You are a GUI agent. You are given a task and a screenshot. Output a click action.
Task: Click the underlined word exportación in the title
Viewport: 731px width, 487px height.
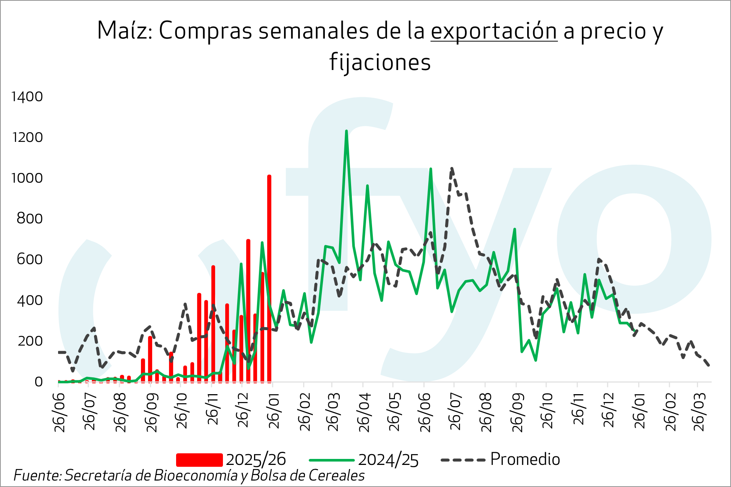(494, 31)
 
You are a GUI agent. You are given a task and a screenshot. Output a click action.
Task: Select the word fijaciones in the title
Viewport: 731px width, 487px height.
(380, 62)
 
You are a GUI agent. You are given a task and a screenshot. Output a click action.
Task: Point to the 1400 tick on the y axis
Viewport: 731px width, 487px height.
(27, 97)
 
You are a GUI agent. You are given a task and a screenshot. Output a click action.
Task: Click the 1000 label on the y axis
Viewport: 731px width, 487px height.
(27, 178)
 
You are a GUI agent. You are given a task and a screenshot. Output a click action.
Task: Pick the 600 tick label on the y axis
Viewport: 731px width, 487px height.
(30, 259)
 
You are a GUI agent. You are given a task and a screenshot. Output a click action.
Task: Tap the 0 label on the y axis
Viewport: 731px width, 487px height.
(38, 382)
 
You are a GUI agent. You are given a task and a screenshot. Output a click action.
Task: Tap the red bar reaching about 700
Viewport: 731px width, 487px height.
(248, 311)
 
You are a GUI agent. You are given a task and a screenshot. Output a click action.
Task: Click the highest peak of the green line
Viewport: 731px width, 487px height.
(346, 131)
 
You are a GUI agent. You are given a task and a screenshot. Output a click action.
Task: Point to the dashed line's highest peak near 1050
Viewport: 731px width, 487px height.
(452, 169)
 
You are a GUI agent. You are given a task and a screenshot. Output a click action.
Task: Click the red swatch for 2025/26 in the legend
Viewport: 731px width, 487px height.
(199, 460)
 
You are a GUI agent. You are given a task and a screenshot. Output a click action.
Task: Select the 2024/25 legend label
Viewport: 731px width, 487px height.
(388, 460)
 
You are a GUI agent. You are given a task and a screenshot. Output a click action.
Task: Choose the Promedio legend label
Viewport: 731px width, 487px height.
(525, 459)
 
